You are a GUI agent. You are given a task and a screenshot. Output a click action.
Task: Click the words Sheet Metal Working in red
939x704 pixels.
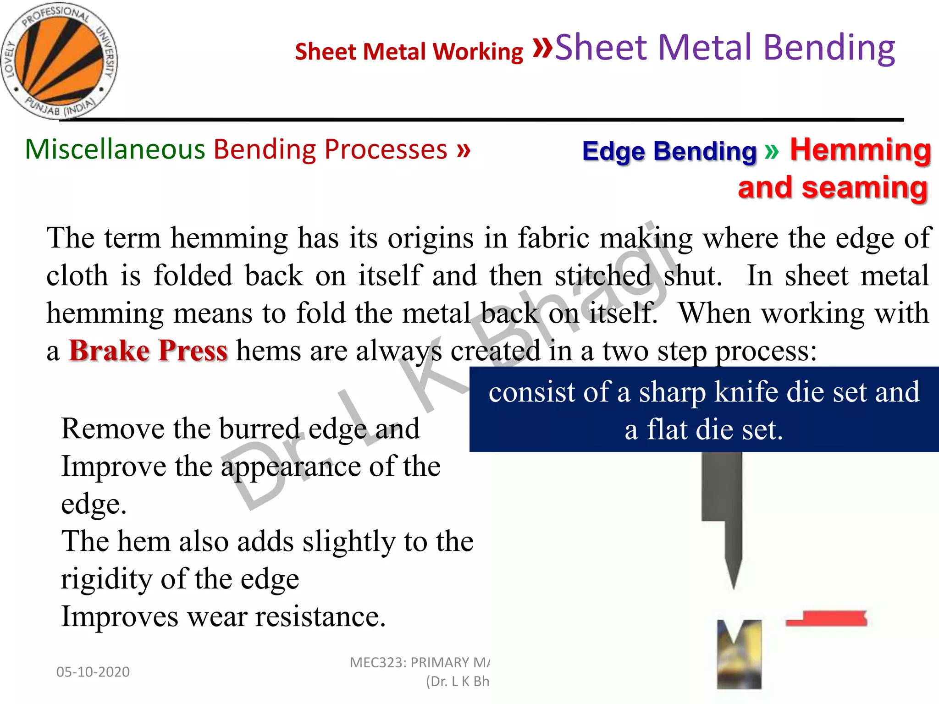409,51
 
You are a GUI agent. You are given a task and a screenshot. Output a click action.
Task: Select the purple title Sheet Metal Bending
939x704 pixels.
724,48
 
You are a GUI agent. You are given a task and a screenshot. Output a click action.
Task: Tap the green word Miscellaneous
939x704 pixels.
115,149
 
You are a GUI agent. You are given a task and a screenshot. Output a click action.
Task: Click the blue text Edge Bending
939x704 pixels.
669,151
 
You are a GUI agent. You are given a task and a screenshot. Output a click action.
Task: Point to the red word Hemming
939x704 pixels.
860,150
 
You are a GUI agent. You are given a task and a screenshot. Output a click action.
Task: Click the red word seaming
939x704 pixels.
865,188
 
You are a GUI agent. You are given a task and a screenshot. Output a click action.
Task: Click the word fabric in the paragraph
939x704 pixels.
553,238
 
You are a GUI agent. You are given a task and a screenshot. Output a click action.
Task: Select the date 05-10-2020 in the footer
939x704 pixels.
93,672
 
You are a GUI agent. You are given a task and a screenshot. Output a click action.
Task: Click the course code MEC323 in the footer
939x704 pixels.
377,663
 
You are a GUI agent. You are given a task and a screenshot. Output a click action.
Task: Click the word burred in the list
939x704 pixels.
259,429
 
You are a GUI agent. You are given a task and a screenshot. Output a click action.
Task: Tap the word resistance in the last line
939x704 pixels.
320,616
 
